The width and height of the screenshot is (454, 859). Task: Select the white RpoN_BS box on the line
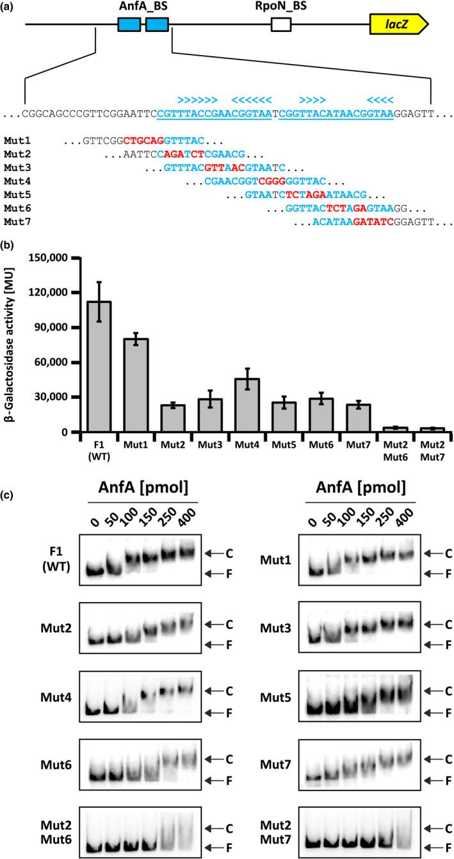pyautogui.click(x=280, y=25)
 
